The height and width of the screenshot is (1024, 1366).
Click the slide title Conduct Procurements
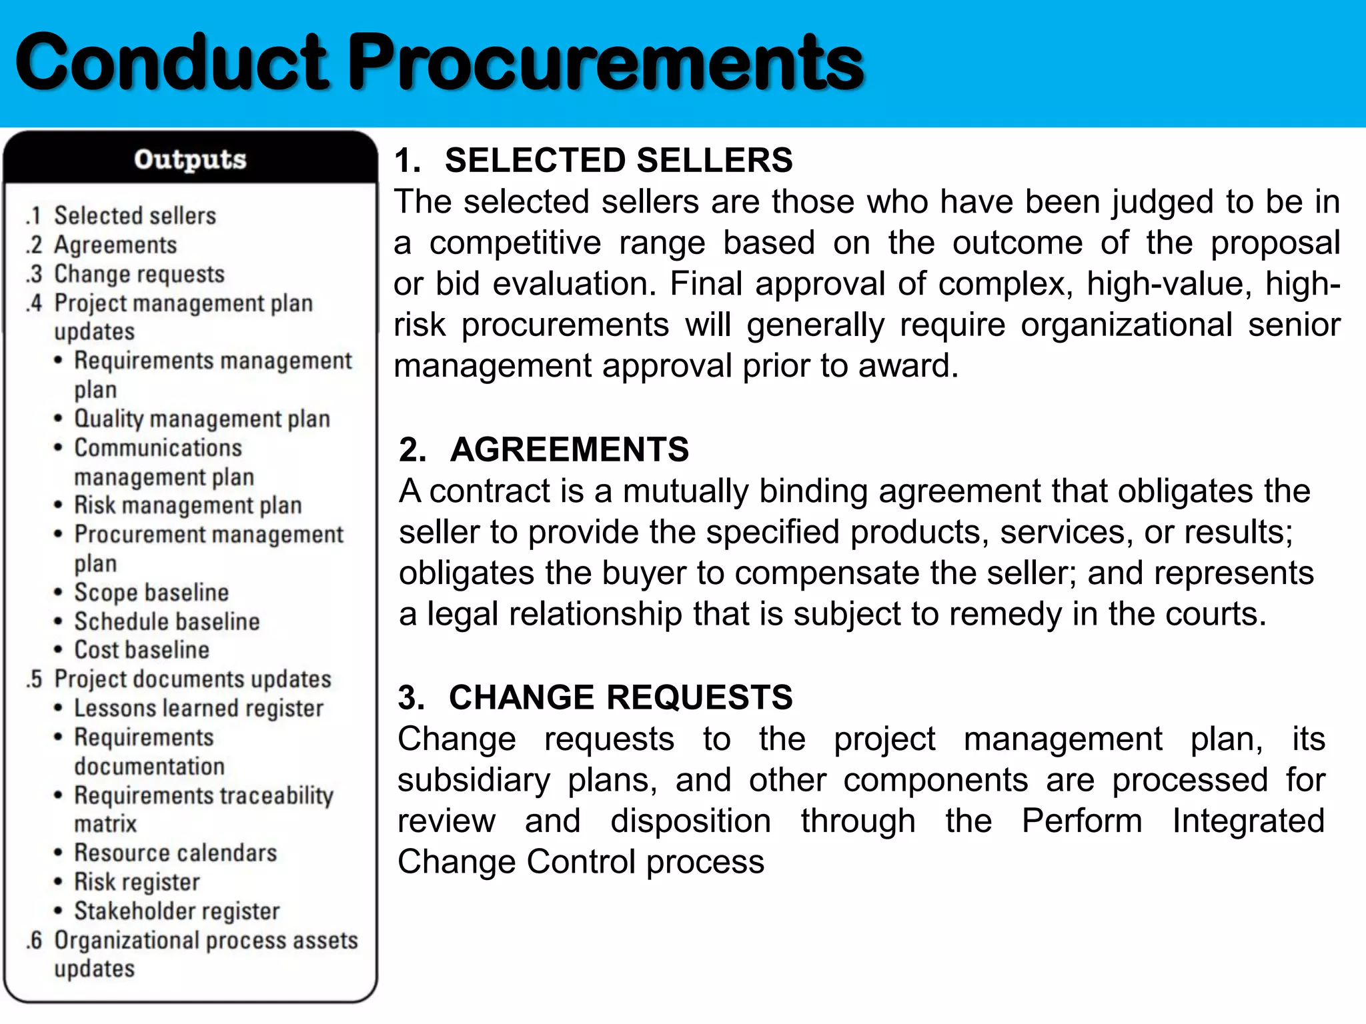439,63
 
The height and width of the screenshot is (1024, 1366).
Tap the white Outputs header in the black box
190,159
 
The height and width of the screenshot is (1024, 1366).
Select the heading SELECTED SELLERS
618,161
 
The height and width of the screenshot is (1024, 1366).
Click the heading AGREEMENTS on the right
569,449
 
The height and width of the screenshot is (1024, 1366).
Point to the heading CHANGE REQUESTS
620,697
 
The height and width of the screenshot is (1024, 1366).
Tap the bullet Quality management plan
202,419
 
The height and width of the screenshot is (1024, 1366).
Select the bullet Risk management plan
188,505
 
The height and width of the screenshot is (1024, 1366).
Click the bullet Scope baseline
151,592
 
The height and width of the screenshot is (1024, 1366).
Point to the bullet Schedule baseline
167,621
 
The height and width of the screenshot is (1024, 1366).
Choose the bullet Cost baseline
141,650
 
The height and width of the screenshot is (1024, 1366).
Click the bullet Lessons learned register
199,708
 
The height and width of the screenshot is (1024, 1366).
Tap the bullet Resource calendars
175,853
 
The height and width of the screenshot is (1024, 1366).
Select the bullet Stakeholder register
177,911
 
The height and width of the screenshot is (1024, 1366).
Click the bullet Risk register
137,882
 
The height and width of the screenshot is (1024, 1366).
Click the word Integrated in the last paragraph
1249,821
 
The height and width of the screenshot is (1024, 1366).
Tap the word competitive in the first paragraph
515,243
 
